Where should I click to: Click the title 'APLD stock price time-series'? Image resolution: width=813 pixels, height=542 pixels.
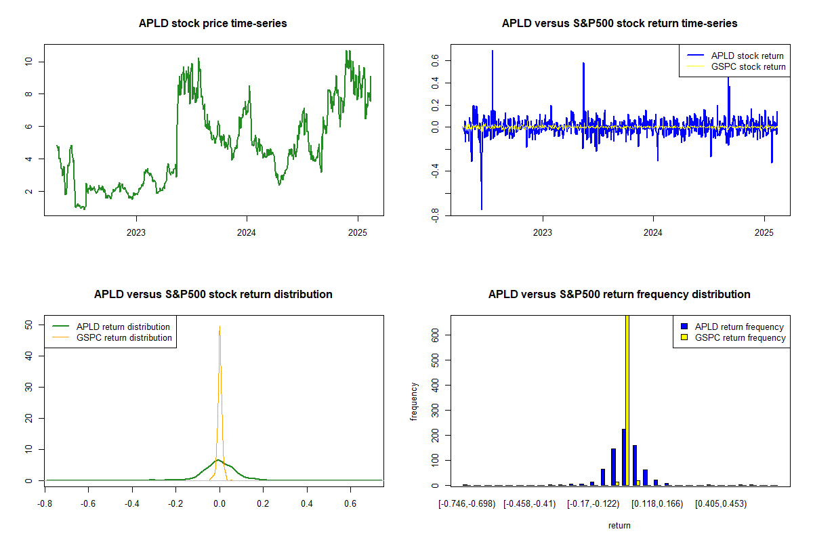click(213, 24)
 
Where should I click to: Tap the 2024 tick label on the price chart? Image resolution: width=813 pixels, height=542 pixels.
click(247, 233)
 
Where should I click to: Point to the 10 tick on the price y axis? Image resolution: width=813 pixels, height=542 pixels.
click(29, 62)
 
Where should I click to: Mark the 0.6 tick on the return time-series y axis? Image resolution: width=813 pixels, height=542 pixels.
click(436, 61)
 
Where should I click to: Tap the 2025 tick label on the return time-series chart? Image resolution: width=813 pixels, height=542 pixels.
click(764, 233)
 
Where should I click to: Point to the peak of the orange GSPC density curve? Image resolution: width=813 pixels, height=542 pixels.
click(220, 327)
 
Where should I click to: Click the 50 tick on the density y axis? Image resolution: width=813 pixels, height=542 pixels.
click(29, 325)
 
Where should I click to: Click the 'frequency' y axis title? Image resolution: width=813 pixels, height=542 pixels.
click(414, 401)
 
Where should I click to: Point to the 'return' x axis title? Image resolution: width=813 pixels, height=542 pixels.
click(619, 525)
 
